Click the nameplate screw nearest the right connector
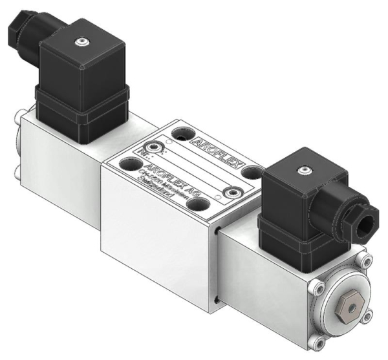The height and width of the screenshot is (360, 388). tap(235, 192)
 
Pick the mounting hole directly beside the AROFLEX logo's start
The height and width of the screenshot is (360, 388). tap(182, 134)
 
